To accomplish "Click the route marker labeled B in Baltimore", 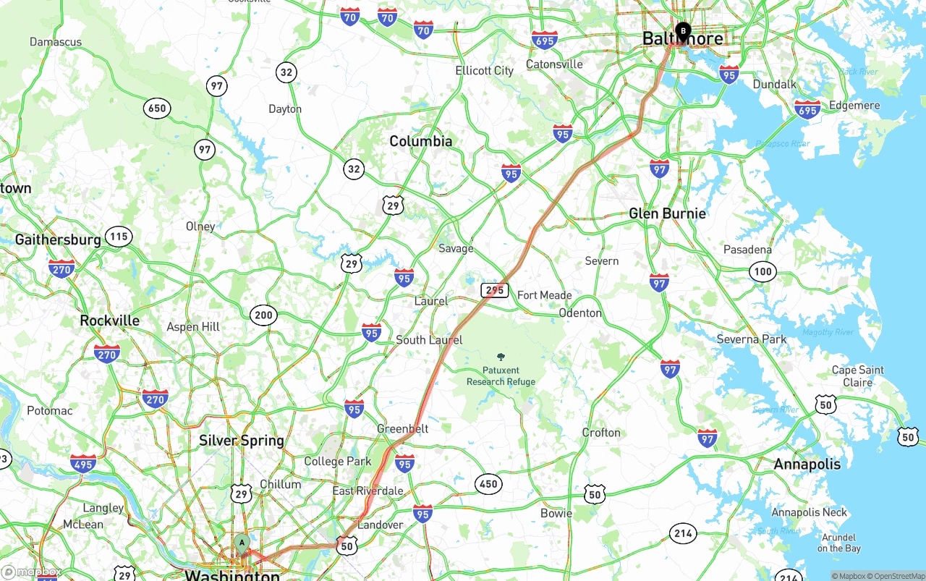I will (x=683, y=31).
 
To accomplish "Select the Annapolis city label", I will (x=807, y=464).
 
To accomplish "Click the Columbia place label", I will (x=421, y=141).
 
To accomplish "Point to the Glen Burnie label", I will (x=667, y=213).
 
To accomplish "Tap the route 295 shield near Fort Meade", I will (x=494, y=290).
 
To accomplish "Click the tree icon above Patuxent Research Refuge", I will (x=501, y=357).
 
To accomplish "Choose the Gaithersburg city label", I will (x=58, y=239).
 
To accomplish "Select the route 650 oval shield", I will (x=156, y=109).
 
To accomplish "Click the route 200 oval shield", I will (x=263, y=315).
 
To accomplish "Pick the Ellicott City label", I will (x=484, y=70).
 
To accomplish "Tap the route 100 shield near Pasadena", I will (x=762, y=272).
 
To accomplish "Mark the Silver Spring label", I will (x=242, y=441).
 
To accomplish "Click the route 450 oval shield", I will (x=488, y=484).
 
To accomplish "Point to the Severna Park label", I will (x=751, y=339).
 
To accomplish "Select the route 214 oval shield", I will (x=683, y=534).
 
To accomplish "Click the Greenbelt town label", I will (x=402, y=429).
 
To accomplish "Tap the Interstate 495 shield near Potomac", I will (x=83, y=464).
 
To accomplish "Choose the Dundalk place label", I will (x=774, y=84).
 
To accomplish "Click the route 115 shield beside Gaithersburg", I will (x=118, y=236).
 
